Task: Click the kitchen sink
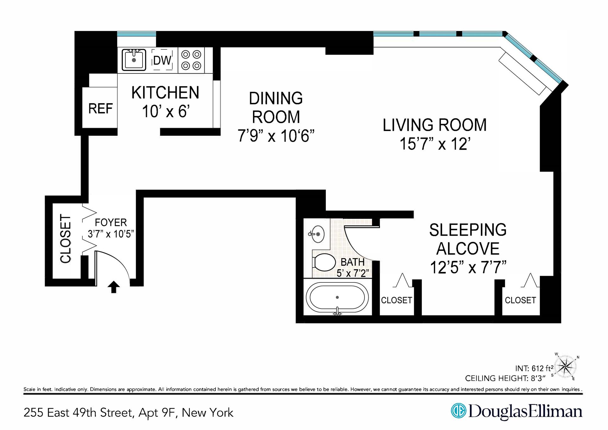pyautogui.click(x=134, y=59)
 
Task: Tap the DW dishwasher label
pyautogui.click(x=162, y=60)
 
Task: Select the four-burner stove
pyautogui.click(x=191, y=60)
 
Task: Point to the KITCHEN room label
pyautogui.click(x=165, y=92)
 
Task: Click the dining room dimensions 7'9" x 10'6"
pyautogui.click(x=276, y=136)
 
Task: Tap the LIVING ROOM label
pyautogui.click(x=434, y=125)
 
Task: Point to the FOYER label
pyautogui.click(x=111, y=222)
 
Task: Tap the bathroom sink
pyautogui.click(x=317, y=234)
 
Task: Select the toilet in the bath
pyautogui.click(x=324, y=262)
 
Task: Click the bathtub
pyautogui.click(x=337, y=298)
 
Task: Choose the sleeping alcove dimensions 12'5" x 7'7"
pyautogui.click(x=468, y=267)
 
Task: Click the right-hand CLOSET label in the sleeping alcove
pyautogui.click(x=520, y=300)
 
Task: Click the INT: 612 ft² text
pyautogui.click(x=534, y=368)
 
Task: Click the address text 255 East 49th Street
pyautogui.click(x=78, y=413)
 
